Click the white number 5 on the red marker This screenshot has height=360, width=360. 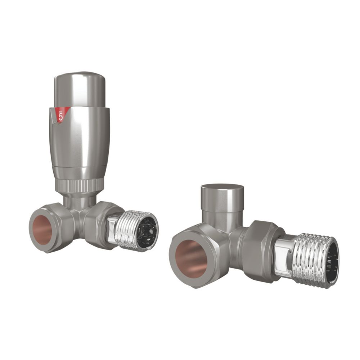click(x=61, y=116)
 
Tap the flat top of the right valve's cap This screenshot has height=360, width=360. click(x=222, y=189)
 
